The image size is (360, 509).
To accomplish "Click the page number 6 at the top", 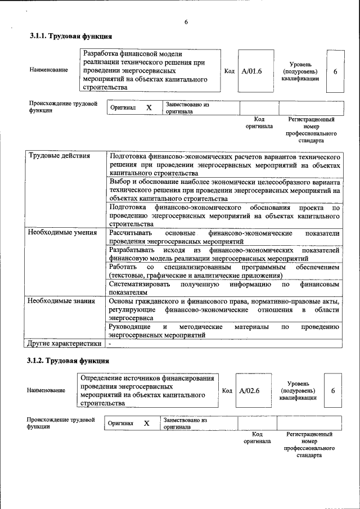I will click(x=186, y=22).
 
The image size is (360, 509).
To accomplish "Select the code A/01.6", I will click(x=252, y=71).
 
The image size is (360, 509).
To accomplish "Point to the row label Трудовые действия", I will click(x=59, y=156).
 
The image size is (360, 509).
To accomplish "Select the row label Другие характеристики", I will click(x=65, y=343).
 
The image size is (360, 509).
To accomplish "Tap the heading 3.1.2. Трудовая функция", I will click(x=69, y=361).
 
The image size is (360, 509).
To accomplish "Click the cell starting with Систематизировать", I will click(x=224, y=288).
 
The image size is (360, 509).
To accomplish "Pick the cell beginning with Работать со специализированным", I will click(x=224, y=271).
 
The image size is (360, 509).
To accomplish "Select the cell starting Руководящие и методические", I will click(x=224, y=331).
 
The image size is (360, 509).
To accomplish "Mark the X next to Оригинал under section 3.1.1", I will click(x=149, y=107).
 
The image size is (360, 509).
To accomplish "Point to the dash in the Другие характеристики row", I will click(x=110, y=343).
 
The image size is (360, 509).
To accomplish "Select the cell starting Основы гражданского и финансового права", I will click(x=224, y=309).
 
